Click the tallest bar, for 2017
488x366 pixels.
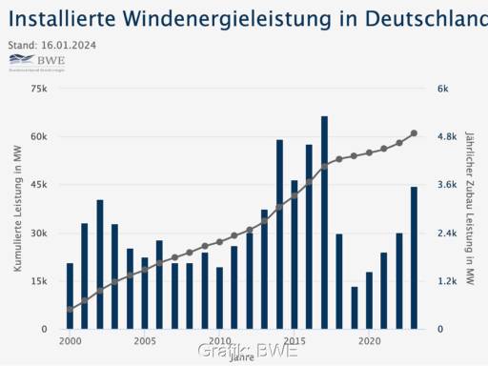324,223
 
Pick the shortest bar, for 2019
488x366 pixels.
355,308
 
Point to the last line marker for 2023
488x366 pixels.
414,133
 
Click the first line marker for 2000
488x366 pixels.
70,310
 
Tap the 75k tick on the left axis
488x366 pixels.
38,89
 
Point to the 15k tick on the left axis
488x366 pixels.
38,281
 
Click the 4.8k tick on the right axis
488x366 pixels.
447,136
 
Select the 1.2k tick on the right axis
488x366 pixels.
447,281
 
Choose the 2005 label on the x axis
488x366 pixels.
145,340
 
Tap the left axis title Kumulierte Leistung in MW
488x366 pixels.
18,209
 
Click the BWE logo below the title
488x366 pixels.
36,63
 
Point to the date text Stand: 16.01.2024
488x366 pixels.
51,45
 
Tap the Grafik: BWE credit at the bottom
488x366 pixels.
248,351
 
